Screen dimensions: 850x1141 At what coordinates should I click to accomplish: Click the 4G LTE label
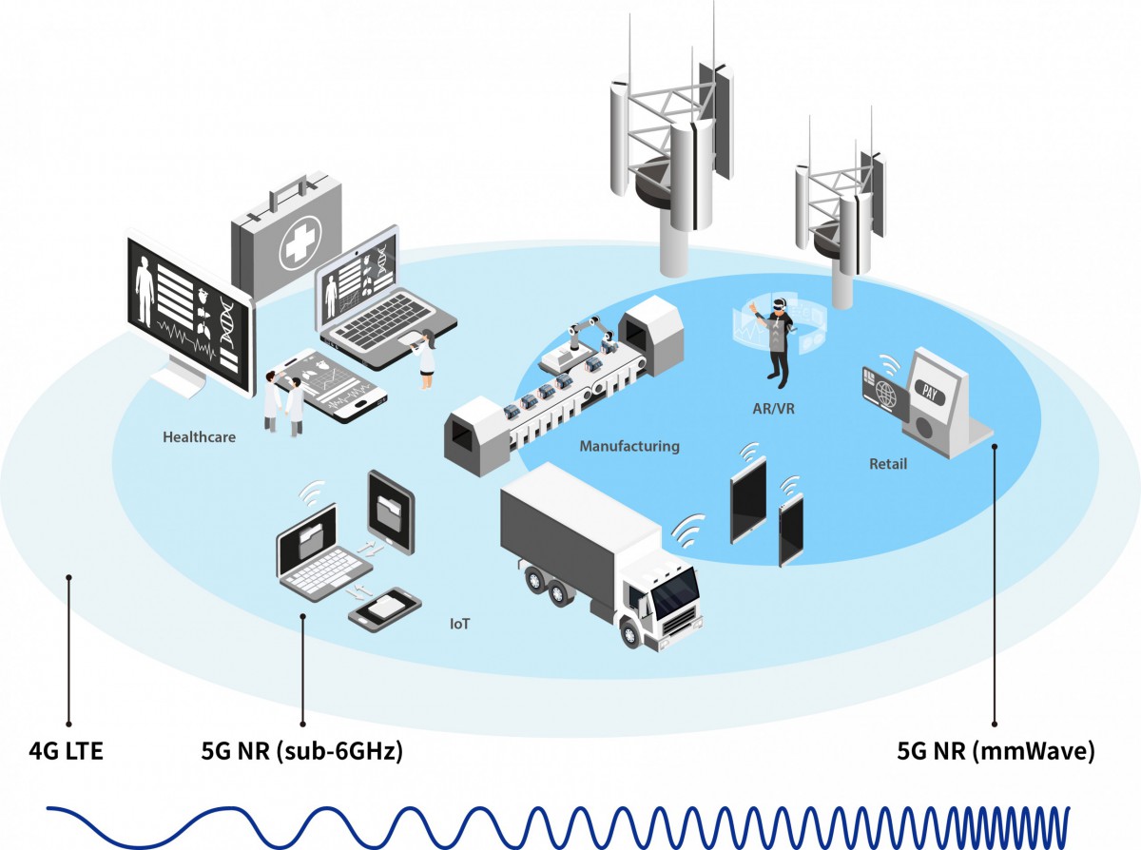[x=66, y=753]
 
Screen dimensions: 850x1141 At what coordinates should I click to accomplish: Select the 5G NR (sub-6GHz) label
[x=301, y=753]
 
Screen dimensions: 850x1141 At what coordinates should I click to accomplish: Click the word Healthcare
[x=199, y=438]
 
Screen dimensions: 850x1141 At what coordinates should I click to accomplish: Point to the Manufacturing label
[x=629, y=446]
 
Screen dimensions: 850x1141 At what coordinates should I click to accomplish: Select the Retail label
[x=888, y=465]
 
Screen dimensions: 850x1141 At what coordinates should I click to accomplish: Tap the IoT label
[x=460, y=625]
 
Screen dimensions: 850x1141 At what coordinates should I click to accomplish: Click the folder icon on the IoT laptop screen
[x=310, y=540]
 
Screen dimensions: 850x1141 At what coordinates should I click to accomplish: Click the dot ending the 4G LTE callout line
[x=68, y=576]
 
